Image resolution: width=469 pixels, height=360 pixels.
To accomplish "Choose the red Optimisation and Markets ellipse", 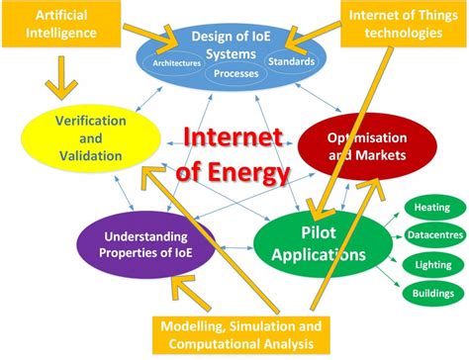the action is [x=355, y=143].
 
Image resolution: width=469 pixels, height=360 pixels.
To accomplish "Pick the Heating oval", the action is [x=432, y=208].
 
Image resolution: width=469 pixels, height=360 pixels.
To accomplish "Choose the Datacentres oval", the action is [x=432, y=235].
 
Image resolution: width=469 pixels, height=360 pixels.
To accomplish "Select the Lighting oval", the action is [x=432, y=264].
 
